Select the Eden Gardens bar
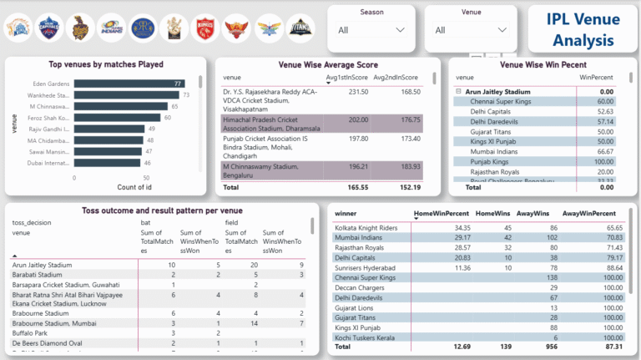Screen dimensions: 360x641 (129, 84)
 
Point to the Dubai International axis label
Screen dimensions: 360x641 (49, 164)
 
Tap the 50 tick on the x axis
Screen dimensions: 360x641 (147, 178)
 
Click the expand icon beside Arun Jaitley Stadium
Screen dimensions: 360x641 (458, 91)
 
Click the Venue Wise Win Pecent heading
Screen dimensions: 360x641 (543, 64)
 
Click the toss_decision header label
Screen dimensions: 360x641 (32, 224)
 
